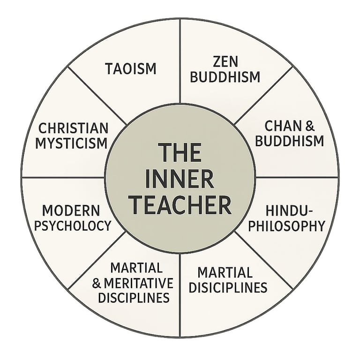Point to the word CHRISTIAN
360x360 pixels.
73,127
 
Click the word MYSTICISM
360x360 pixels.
73,143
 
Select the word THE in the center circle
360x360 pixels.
180,153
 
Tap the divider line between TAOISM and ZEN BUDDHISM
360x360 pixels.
180,61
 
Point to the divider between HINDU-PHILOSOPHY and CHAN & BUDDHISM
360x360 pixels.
296,178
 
